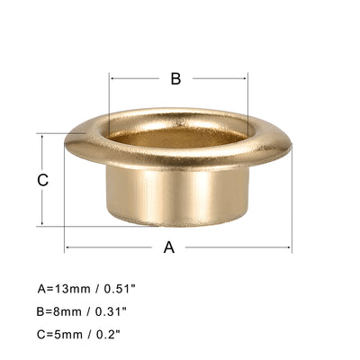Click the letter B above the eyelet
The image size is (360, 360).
pyautogui.click(x=176, y=78)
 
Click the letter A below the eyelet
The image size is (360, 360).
pyautogui.click(x=168, y=248)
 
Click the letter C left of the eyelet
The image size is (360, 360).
pyautogui.click(x=42, y=180)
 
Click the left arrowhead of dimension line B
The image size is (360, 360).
pyautogui.click(x=112, y=78)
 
